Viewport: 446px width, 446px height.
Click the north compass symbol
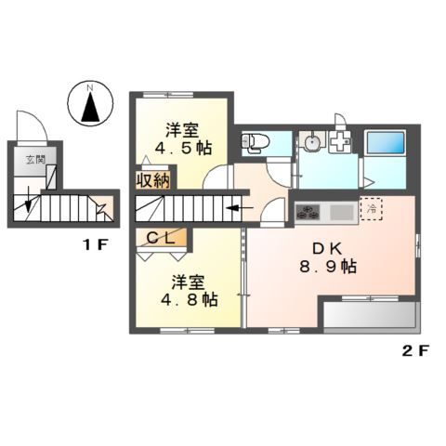(x=90, y=103)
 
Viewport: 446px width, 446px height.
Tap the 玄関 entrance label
(x=35, y=160)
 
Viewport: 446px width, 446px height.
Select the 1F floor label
(x=95, y=245)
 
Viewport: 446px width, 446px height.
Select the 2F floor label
(x=415, y=351)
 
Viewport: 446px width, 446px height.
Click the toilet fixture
(x=256, y=142)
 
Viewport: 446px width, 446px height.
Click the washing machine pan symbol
(x=340, y=142)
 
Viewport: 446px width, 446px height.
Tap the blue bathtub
(x=386, y=142)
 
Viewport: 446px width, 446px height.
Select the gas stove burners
(x=308, y=213)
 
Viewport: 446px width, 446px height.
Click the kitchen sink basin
(x=342, y=213)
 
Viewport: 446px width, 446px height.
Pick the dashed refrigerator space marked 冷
(x=371, y=208)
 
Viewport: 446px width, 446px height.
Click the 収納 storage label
(x=153, y=180)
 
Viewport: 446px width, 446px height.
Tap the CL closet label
(x=160, y=238)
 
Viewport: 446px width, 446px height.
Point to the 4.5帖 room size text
(x=184, y=148)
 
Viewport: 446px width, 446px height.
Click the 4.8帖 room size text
(x=190, y=299)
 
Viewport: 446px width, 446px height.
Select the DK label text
(x=327, y=249)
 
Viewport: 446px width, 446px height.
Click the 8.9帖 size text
(x=328, y=267)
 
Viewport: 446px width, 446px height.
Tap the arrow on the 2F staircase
(x=240, y=208)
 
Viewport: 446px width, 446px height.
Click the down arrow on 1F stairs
(x=28, y=200)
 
